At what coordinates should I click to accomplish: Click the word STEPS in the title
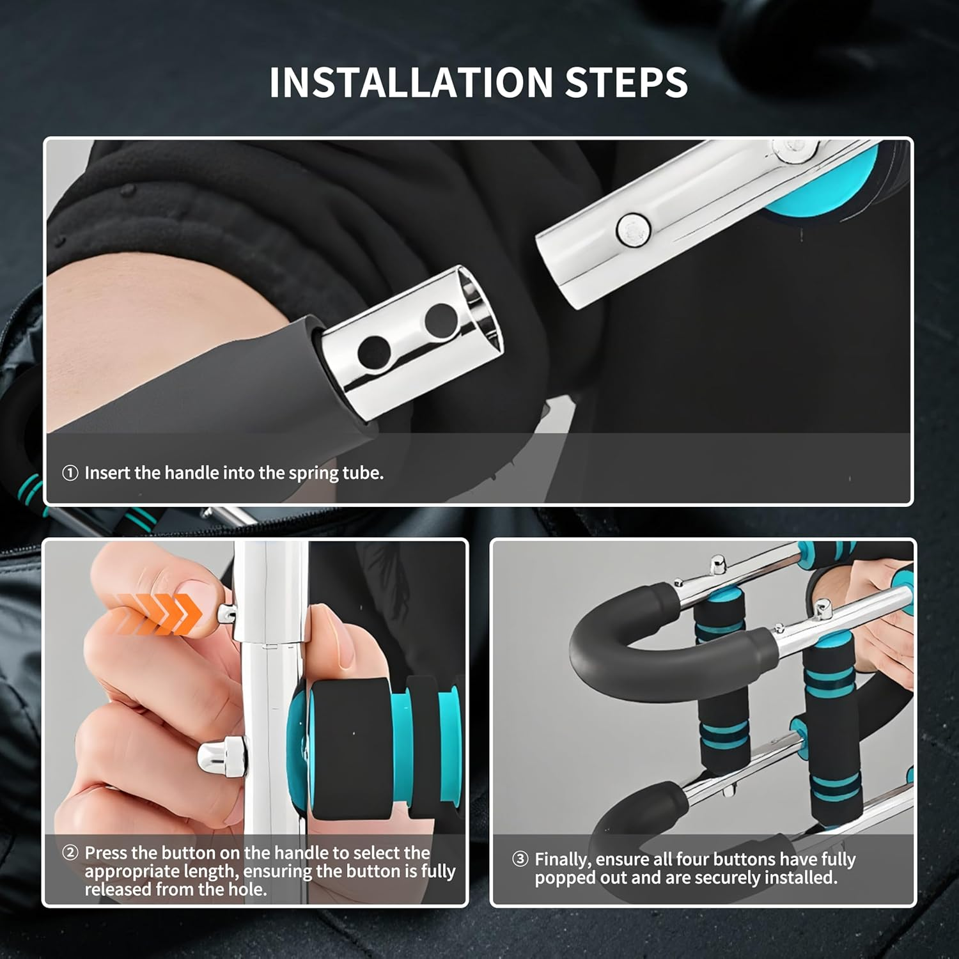tap(627, 82)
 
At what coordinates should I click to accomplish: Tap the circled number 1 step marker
tap(70, 473)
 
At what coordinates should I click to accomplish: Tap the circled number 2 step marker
tap(70, 853)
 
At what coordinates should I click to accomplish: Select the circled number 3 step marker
tap(520, 859)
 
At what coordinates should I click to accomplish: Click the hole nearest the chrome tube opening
tap(441, 322)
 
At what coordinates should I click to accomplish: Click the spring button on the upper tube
tap(633, 228)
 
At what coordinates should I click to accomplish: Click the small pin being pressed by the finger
tap(226, 614)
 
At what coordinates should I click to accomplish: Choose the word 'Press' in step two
tap(108, 853)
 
